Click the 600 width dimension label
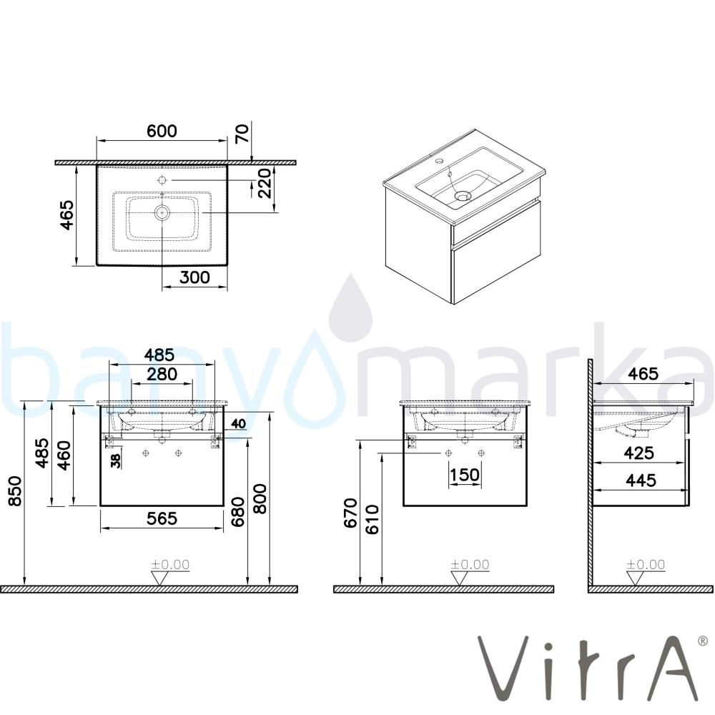click(x=162, y=131)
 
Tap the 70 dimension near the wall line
click(x=242, y=134)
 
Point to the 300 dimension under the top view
click(x=194, y=277)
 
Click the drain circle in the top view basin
click(x=162, y=212)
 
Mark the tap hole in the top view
click(x=162, y=179)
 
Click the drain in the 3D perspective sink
click(x=463, y=196)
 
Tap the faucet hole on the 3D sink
click(x=440, y=161)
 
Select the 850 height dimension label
click(x=15, y=491)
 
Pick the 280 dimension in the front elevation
click(x=162, y=375)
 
